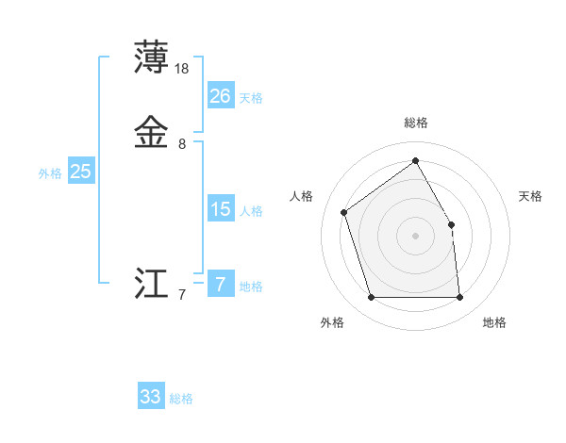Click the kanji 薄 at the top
[152, 57]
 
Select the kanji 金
[152, 132]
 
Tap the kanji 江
[152, 285]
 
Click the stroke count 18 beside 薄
[183, 69]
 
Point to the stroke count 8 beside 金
[182, 144]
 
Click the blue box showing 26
[221, 96]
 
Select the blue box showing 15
[221, 209]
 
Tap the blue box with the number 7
[221, 285]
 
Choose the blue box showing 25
[81, 172]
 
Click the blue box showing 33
[151, 397]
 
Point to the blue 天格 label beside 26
[251, 98]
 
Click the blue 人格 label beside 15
[251, 211]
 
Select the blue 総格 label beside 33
[181, 399]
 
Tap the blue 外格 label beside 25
[50, 173]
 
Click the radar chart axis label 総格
[416, 123]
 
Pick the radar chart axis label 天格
[531, 196]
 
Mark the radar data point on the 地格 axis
[460, 298]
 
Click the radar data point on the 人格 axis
[344, 212]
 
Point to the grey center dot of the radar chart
[416, 236]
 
